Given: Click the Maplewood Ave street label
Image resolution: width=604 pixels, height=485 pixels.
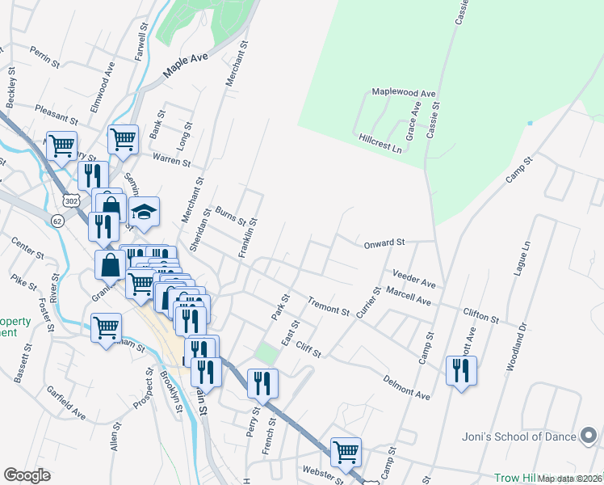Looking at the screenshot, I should pyautogui.click(x=403, y=93).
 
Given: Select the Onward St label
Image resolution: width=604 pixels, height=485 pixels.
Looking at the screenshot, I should pyautogui.click(x=384, y=242).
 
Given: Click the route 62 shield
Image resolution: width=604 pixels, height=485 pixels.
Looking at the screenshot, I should pyautogui.click(x=57, y=221).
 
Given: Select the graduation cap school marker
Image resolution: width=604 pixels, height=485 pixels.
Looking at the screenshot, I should pyautogui.click(x=144, y=213).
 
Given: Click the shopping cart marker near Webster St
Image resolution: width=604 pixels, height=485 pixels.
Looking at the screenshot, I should pyautogui.click(x=346, y=452).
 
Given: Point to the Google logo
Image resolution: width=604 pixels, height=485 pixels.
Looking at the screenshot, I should pyautogui.click(x=27, y=475).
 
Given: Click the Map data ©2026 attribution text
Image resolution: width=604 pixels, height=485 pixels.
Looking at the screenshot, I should pyautogui.click(x=570, y=479).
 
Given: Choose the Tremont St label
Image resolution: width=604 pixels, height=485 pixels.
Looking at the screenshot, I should pyautogui.click(x=328, y=306).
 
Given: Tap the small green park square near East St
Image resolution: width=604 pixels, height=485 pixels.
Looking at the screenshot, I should pyautogui.click(x=266, y=353).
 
